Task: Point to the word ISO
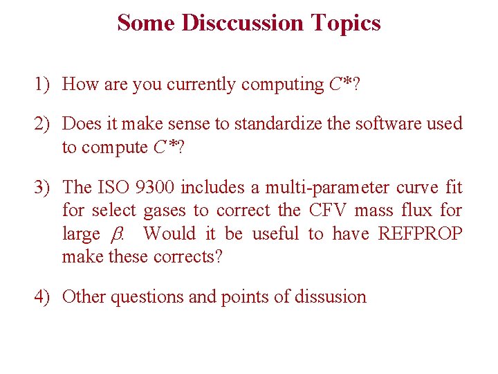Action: point(113,188)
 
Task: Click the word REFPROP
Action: point(420,234)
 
